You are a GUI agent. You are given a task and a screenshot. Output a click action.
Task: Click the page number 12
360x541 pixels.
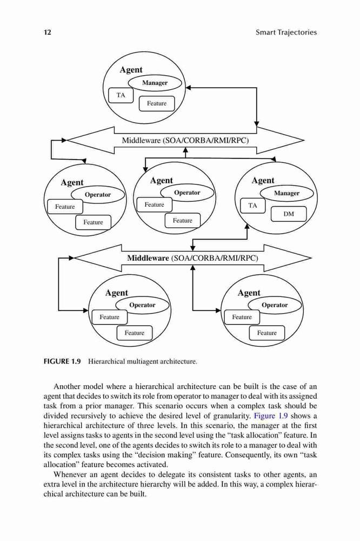[x=47, y=32]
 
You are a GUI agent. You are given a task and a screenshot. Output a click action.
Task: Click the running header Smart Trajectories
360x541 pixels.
[x=286, y=32]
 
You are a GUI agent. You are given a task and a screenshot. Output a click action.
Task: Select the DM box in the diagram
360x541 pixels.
[x=289, y=214]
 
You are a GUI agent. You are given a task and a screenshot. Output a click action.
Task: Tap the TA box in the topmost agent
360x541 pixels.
[x=121, y=95]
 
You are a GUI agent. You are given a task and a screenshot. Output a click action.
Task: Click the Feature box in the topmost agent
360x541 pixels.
[x=157, y=103]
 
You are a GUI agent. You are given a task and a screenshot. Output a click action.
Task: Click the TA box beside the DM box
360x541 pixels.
[x=253, y=206]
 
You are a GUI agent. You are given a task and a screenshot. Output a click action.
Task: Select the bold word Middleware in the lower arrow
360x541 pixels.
[x=148, y=258]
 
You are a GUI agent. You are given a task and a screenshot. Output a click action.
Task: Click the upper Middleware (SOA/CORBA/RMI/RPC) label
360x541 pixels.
[x=185, y=141]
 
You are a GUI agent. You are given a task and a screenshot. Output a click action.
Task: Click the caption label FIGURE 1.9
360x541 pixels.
[x=62, y=361]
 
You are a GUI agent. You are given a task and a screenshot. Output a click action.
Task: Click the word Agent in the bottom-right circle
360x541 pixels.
[x=249, y=293]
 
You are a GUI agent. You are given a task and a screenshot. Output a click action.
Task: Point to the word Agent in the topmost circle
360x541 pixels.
[x=131, y=70]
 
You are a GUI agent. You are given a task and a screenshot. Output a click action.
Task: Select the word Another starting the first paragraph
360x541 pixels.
[x=67, y=386]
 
